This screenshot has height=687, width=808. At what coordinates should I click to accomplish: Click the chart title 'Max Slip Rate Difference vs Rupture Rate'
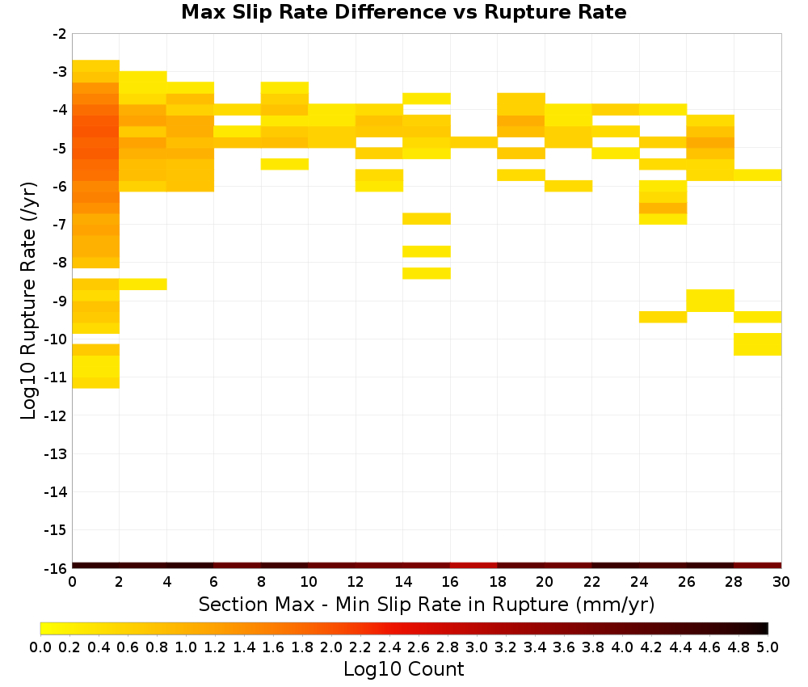click(x=403, y=12)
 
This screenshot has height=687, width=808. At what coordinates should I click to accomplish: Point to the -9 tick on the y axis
click(x=60, y=301)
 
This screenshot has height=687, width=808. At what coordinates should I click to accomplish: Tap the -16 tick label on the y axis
click(x=57, y=568)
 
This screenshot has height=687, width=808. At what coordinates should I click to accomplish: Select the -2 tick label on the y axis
click(x=60, y=34)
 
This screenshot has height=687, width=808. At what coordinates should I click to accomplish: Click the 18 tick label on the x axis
click(x=497, y=582)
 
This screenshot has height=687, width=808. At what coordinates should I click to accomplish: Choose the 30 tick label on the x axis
click(x=781, y=582)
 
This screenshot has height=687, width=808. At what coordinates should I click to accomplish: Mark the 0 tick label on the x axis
click(x=72, y=582)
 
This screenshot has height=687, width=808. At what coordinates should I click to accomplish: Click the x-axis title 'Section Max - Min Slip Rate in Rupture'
click(x=383, y=604)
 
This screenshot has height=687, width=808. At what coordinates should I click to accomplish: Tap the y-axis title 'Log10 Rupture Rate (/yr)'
click(x=29, y=301)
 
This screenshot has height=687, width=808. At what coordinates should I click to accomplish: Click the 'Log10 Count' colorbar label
click(x=403, y=669)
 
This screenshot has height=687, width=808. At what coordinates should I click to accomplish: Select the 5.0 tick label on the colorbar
click(x=768, y=647)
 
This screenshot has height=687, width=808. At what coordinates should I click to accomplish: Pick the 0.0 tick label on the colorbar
click(x=40, y=647)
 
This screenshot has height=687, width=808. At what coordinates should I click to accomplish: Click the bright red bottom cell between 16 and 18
click(x=473, y=566)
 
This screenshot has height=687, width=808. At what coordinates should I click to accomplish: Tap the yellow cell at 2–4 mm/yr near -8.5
click(x=143, y=284)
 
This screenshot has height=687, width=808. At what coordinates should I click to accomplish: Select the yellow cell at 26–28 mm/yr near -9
click(x=710, y=301)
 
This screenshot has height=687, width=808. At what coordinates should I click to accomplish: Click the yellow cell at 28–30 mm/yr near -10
click(x=758, y=344)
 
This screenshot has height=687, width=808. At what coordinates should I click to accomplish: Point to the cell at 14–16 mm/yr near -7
click(x=427, y=218)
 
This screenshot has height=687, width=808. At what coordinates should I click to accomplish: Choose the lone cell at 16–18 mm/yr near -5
click(x=473, y=142)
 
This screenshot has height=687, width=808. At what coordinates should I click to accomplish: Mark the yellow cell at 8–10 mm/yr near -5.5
click(x=284, y=164)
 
